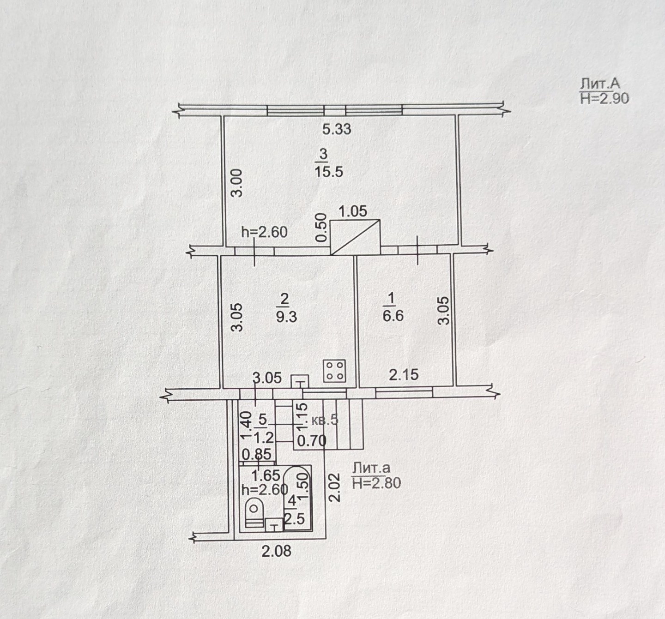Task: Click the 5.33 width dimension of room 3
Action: coord(337,129)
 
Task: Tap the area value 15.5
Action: coord(329,172)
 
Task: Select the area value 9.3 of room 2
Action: coord(286,317)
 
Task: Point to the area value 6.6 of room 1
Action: coord(393,316)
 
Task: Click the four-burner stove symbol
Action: coord(335,371)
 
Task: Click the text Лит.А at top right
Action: coord(599,84)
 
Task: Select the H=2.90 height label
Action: coord(604,98)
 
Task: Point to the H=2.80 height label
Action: coord(376,483)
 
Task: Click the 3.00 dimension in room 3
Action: coord(237,183)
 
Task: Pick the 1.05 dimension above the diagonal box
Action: coord(353,211)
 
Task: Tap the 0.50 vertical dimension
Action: coord(321,228)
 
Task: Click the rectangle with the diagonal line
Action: coord(356,237)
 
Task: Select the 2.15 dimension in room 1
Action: coord(404,375)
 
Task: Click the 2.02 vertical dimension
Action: coord(335,487)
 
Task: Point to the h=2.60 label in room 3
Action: coord(264,232)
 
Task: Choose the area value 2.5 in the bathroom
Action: coord(294,519)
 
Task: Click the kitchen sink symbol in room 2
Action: coord(300,381)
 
